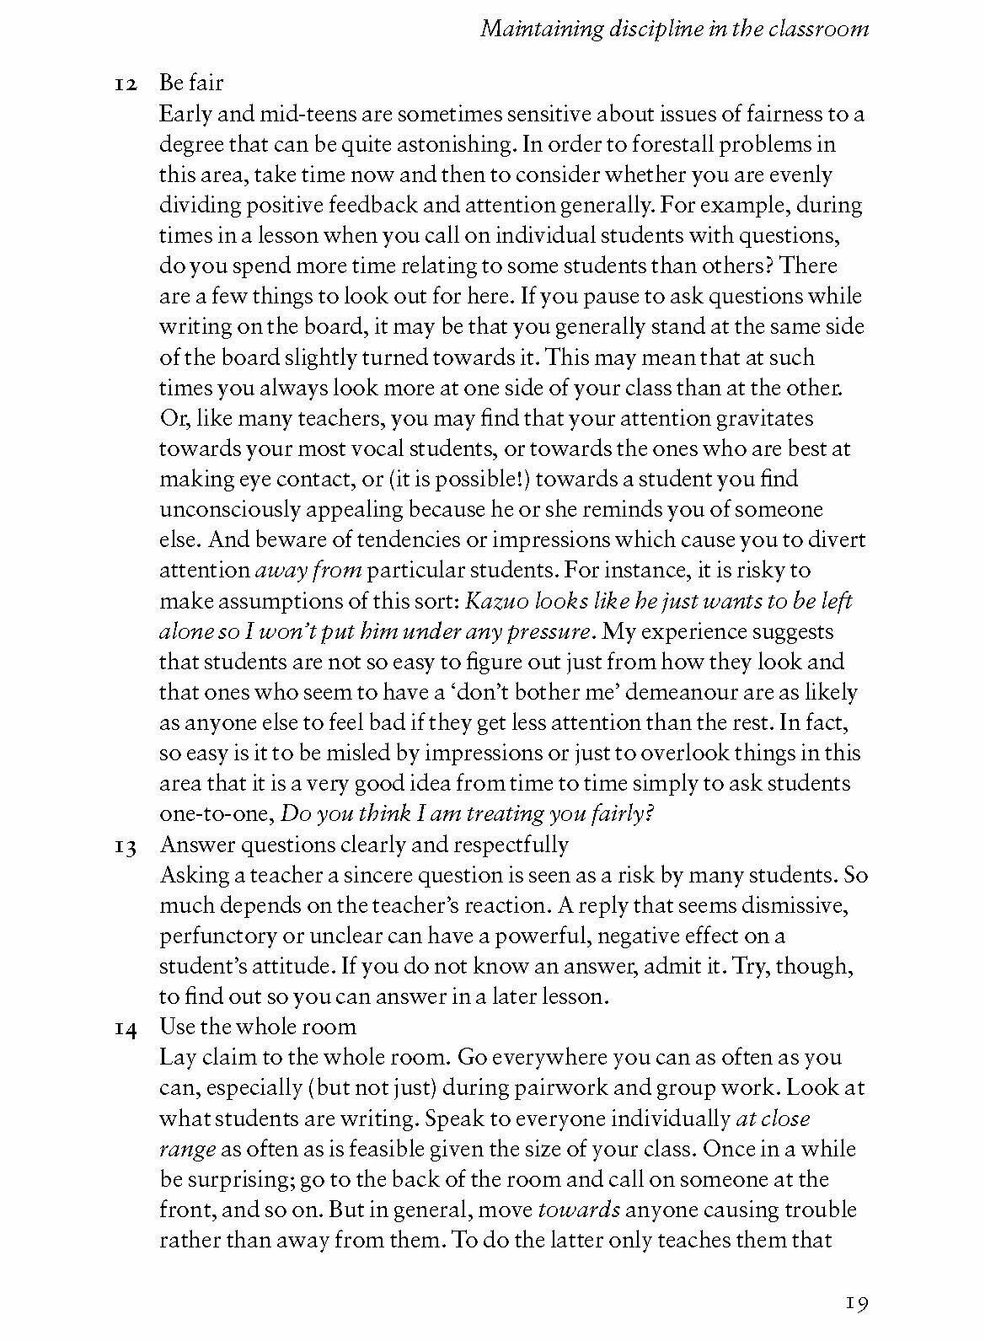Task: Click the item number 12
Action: coord(126,84)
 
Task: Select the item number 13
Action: coord(126,845)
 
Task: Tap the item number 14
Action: coord(126,1027)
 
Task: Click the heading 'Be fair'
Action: coord(190,83)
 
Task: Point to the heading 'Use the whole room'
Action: coord(258,1027)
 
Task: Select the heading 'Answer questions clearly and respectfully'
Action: coord(364,845)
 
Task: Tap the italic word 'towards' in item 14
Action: coord(579,1210)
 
